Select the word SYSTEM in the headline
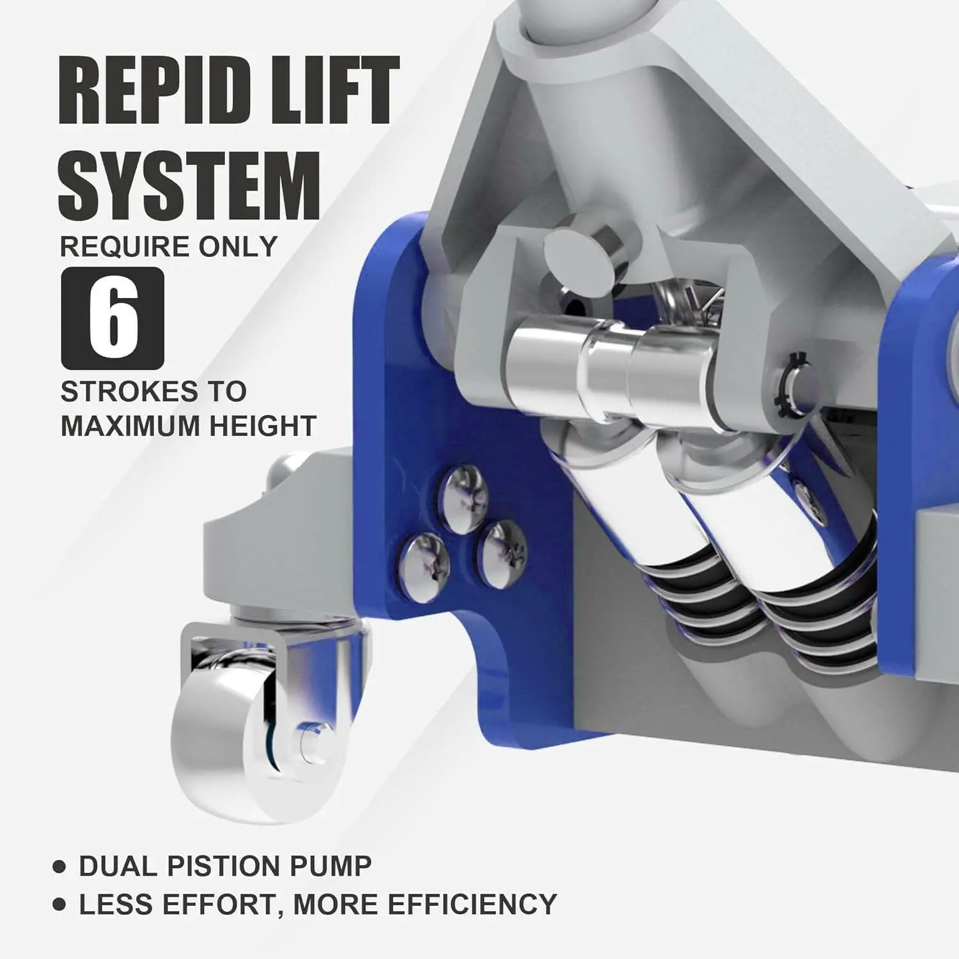tap(189, 185)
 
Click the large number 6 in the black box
tap(113, 318)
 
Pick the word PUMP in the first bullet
tap(331, 866)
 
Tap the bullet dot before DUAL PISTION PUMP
tap(59, 867)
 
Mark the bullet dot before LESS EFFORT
tap(59, 905)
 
